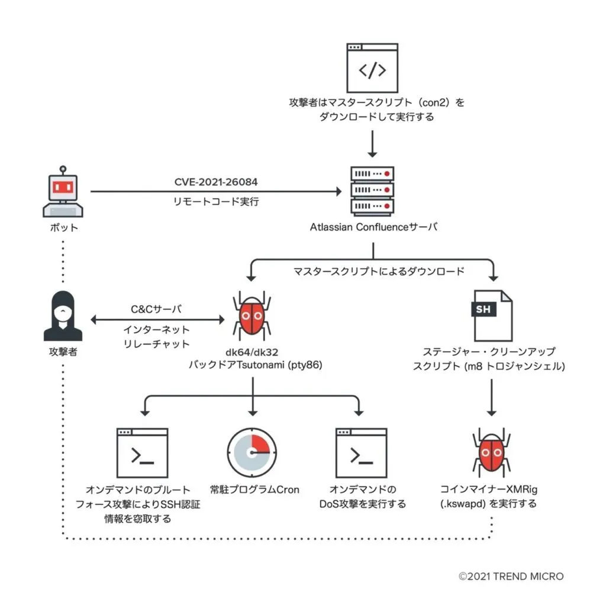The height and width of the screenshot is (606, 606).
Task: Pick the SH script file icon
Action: click(491, 315)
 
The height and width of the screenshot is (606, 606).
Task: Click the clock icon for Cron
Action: click(253, 453)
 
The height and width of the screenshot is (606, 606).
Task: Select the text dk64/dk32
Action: click(253, 353)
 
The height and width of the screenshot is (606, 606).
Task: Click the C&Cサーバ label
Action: click(156, 309)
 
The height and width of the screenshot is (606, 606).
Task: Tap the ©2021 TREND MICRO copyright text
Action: click(511, 576)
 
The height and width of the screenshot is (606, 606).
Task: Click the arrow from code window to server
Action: click(372, 143)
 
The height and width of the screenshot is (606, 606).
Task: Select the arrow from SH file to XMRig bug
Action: click(491, 398)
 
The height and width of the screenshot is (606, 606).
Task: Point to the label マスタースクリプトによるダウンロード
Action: click(379, 272)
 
